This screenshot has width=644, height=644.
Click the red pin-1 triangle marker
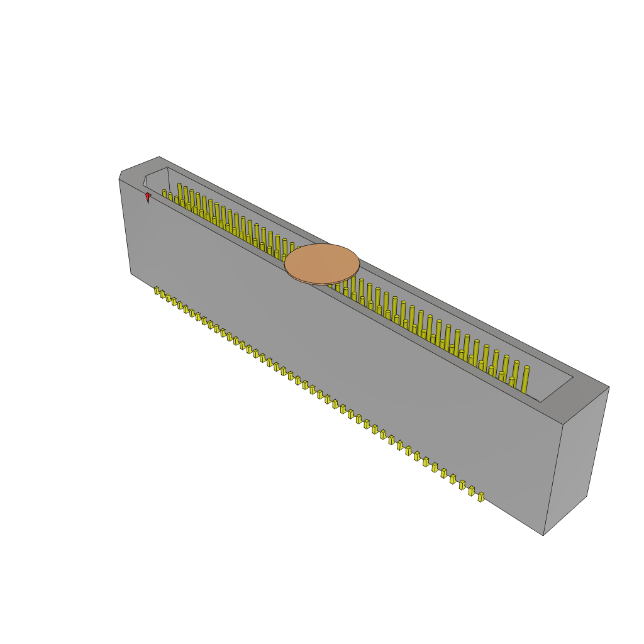tap(148, 197)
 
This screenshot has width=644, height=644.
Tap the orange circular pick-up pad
tap(322, 264)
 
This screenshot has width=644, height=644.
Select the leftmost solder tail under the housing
tap(157, 291)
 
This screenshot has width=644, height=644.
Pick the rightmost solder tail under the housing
tap(481, 497)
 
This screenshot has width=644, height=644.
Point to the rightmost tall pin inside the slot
tap(525, 379)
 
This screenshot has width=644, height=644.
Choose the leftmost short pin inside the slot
tap(165, 193)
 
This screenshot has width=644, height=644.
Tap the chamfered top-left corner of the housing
tap(121, 175)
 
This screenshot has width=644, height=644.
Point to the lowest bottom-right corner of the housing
tap(543, 535)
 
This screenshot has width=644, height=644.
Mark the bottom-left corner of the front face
tap(131, 273)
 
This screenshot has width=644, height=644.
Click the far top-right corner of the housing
tap(608, 387)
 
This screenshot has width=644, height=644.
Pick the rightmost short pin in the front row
tap(511, 382)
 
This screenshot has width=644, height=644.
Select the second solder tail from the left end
tap(162, 294)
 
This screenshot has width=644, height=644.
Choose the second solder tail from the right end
tap(472, 491)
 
